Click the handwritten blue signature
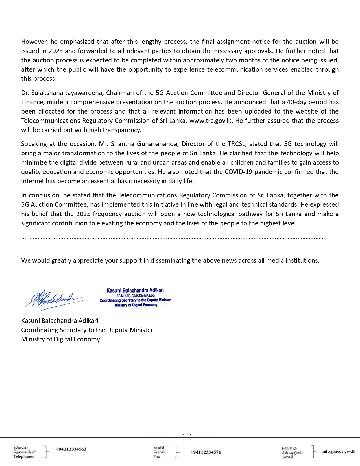(x=54, y=299)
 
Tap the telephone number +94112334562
(x=71, y=449)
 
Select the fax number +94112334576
(x=206, y=452)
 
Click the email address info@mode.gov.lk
(x=339, y=451)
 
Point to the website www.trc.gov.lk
(x=211, y=121)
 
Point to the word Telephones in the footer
(x=23, y=457)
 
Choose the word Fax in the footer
(x=157, y=457)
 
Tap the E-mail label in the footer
(x=287, y=457)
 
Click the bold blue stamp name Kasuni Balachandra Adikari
(x=135, y=290)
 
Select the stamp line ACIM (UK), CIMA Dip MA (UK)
(x=136, y=296)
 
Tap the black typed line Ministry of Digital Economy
(x=60, y=339)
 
